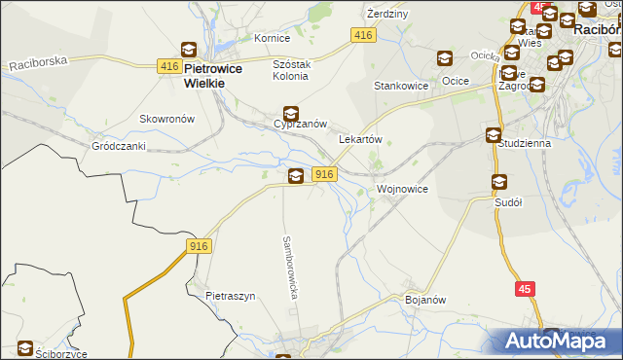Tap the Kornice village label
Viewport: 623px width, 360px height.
(x=273, y=38)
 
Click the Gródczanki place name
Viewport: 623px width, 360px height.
(x=119, y=146)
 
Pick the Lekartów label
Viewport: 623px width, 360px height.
(x=359, y=139)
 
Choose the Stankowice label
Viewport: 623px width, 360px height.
(x=402, y=86)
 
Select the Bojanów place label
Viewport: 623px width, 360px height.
(x=424, y=300)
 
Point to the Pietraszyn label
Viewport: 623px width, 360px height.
(x=230, y=296)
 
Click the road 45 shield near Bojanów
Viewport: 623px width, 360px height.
(x=525, y=289)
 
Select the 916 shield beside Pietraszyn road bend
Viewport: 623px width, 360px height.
(x=199, y=247)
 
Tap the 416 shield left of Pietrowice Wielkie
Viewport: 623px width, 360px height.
(x=168, y=66)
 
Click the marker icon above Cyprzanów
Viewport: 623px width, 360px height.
(x=290, y=113)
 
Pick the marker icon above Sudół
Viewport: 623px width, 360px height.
(x=499, y=182)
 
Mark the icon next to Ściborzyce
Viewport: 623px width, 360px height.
(x=25, y=348)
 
